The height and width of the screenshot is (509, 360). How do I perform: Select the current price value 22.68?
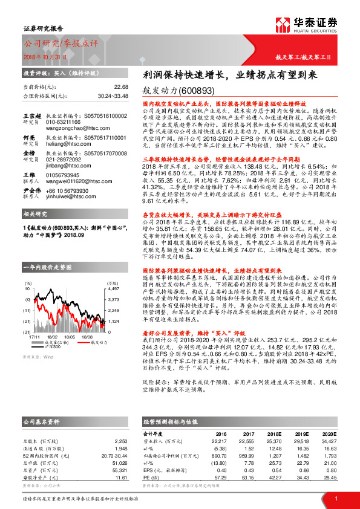(x=121, y=86)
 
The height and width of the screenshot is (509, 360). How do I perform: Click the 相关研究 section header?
(x=34, y=215)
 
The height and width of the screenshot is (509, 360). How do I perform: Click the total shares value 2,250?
(x=121, y=441)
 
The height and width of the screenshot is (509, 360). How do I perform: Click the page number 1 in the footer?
(x=335, y=498)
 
